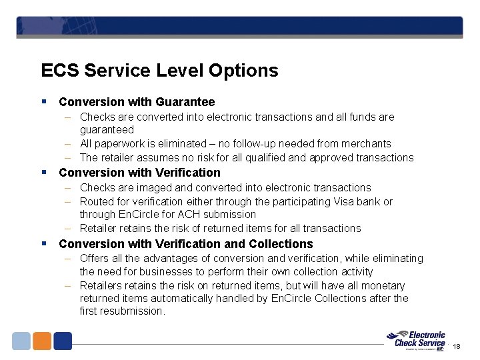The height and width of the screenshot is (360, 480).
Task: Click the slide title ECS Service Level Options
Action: (x=159, y=71)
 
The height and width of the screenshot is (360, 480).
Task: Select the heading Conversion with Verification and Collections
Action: (x=186, y=244)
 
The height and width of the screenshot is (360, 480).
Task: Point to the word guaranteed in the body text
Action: (x=107, y=130)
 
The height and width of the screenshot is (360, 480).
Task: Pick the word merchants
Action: (x=369, y=144)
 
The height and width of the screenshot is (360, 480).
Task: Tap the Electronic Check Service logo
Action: (x=419, y=339)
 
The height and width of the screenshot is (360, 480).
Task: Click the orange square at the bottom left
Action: (x=42, y=341)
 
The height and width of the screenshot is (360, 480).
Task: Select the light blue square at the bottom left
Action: (x=21, y=341)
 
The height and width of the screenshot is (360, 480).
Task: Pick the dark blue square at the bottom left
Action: (x=63, y=341)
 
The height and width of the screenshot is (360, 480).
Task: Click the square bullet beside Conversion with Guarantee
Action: (x=43, y=102)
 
